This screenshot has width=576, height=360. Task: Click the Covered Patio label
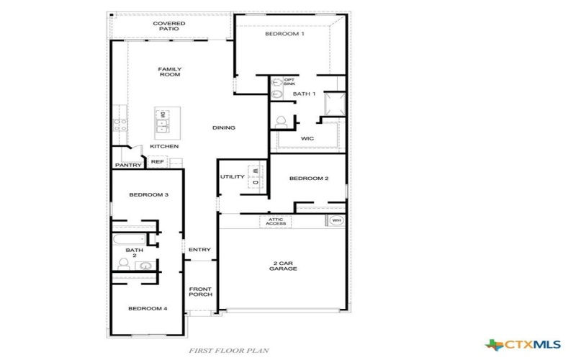click(x=169, y=26)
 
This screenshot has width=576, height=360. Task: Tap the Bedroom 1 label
click(x=284, y=35)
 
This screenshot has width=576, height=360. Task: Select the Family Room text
click(x=169, y=71)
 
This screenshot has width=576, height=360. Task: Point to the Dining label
click(x=224, y=128)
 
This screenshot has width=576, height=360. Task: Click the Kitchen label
click(x=164, y=147)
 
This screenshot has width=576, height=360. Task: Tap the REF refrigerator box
click(x=157, y=162)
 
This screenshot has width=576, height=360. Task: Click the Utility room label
click(x=233, y=176)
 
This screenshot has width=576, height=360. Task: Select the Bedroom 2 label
click(x=309, y=179)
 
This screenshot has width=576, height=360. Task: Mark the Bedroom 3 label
click(x=148, y=195)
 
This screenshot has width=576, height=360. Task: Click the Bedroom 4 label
click(x=148, y=308)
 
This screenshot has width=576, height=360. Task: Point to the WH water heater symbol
click(x=336, y=220)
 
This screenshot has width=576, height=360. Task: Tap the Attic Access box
click(x=276, y=222)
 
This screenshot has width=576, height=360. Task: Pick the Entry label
click(x=199, y=250)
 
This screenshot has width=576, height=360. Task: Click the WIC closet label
click(x=307, y=138)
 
